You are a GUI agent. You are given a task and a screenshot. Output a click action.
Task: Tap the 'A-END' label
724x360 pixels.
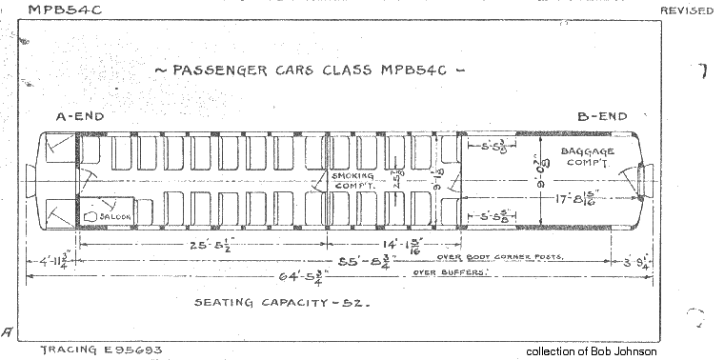coord(79,116)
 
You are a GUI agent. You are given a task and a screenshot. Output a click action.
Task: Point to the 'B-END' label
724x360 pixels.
coord(603,116)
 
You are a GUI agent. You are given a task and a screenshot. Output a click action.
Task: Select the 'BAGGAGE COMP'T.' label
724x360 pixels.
coord(588,158)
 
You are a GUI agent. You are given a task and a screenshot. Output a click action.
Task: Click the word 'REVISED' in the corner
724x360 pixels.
coord(687,10)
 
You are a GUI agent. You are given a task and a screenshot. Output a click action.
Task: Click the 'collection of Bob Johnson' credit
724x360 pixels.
coord(592,351)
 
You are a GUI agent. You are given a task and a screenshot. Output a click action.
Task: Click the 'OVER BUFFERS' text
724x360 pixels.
coord(451,273)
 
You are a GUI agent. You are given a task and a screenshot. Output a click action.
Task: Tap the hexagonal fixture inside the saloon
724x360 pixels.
coord(91,216)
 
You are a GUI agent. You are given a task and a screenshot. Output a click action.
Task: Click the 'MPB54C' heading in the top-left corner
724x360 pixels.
coord(66,10)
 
